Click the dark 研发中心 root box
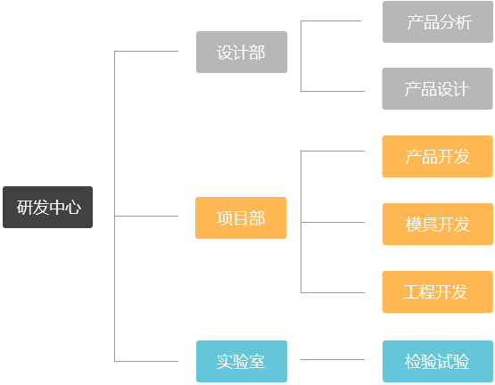point(47,207)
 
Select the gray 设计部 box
point(242,52)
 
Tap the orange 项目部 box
point(241,217)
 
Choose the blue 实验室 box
point(242,361)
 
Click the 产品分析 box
point(438,21)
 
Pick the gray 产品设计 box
point(438,89)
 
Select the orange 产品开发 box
point(438,156)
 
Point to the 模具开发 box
point(438,224)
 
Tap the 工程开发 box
point(438,292)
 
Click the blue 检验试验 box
point(438,361)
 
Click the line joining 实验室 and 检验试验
point(333,359)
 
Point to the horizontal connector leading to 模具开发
point(333,223)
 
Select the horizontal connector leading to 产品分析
point(331,21)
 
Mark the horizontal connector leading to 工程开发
point(333,293)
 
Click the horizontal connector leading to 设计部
point(146,51)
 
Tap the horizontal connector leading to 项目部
point(146,217)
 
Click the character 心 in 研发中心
point(73,208)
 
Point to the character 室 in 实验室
point(257,362)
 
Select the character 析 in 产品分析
point(464,22)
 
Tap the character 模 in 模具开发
point(414,225)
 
